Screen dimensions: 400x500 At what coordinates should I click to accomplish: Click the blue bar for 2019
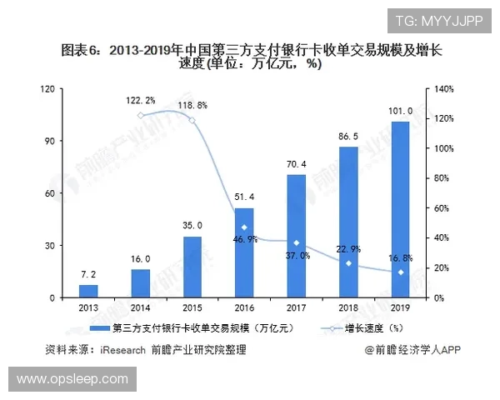pos(400,210)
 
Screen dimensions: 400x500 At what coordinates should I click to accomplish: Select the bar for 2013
pos(88,291)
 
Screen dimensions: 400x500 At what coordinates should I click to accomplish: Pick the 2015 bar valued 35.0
pos(192,267)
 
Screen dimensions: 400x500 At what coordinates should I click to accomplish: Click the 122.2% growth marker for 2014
pos(141,115)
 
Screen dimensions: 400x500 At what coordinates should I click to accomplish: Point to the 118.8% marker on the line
pos(192,120)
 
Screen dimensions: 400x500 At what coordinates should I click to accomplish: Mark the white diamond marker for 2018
pos(348,263)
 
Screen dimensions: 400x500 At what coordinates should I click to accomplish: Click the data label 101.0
pos(401,112)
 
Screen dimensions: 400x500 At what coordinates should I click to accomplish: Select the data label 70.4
pos(297,165)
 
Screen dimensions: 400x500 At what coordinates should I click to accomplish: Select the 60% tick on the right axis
pos(440,208)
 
